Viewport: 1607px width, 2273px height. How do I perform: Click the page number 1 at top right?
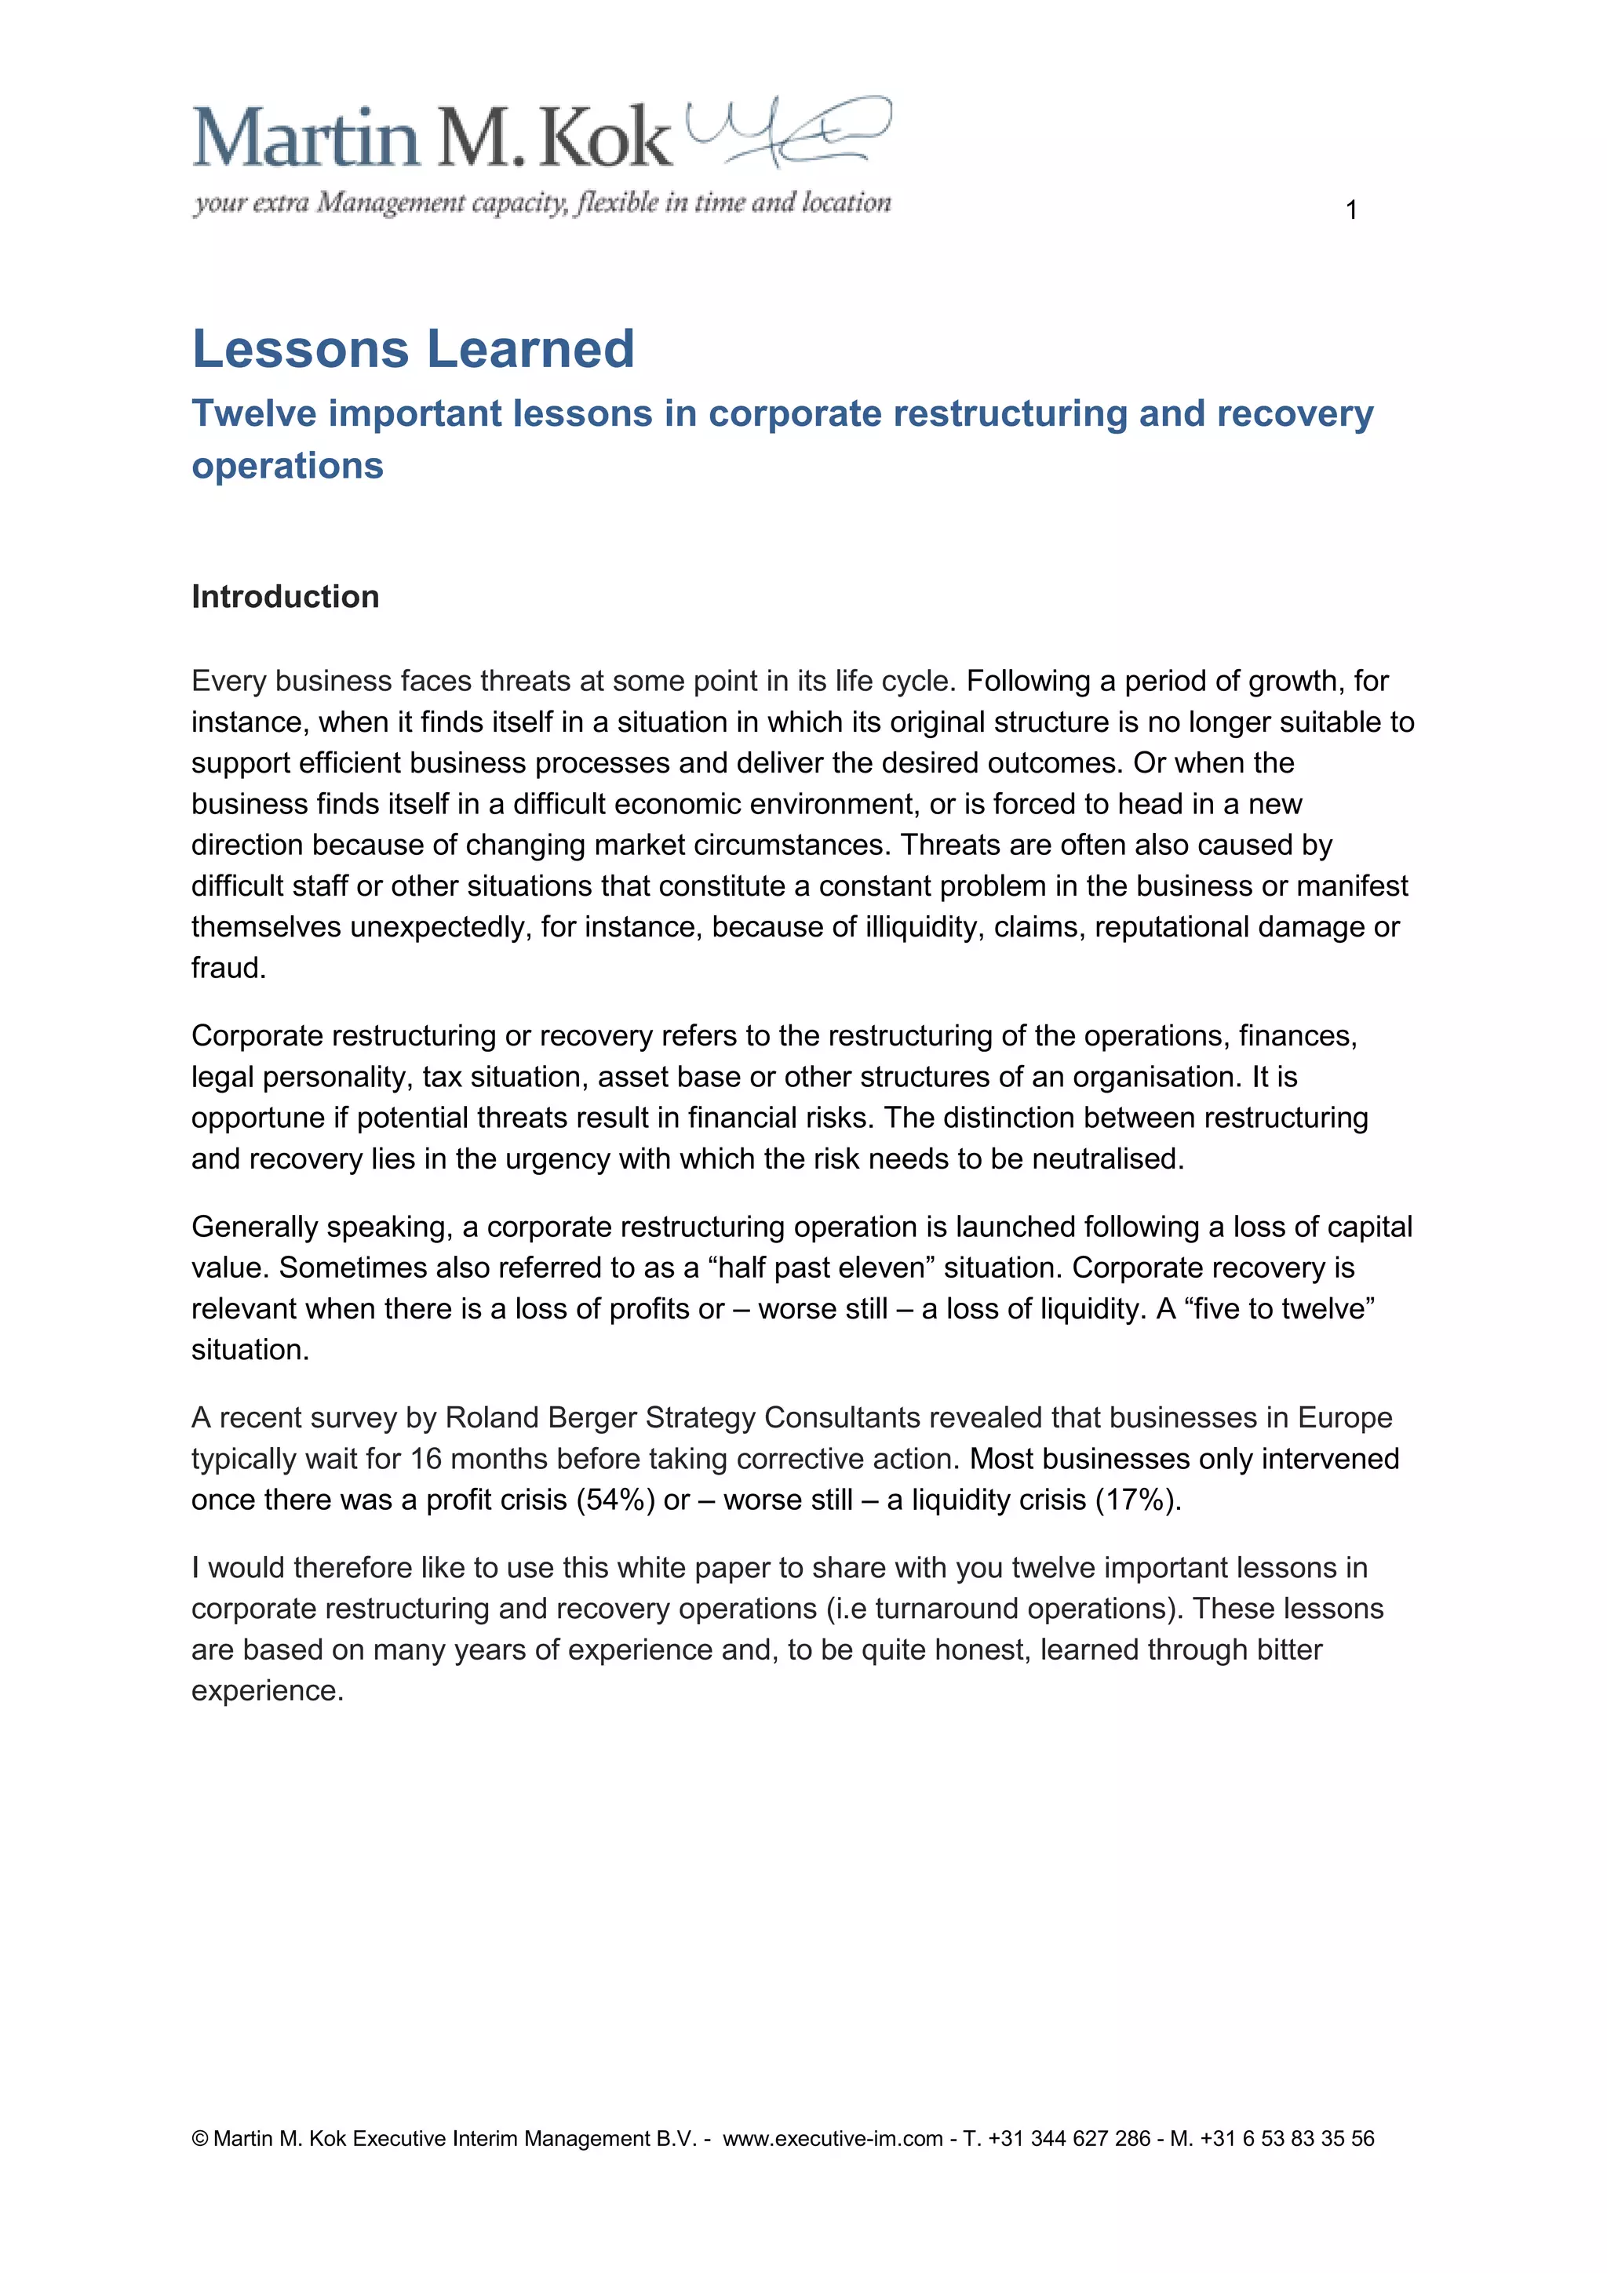[x=1350, y=210]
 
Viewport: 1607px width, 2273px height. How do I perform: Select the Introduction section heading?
[x=285, y=596]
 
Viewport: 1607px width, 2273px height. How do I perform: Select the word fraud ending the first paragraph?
[x=228, y=967]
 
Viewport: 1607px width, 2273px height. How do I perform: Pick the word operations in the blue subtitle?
[x=287, y=465]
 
